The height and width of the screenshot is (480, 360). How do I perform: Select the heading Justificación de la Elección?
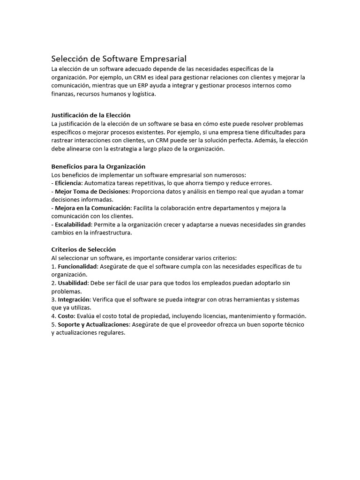coord(90,115)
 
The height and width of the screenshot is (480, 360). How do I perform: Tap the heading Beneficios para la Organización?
coord(98,166)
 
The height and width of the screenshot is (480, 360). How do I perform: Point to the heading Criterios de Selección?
coord(83,249)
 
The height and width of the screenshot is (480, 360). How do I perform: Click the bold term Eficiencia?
coord(68,183)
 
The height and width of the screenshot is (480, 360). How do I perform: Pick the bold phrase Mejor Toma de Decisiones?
coord(92,191)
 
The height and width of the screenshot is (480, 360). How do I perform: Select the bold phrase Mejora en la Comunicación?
coord(93,208)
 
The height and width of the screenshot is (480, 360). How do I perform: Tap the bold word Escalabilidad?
coord(73,225)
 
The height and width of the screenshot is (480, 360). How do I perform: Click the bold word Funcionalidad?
coord(78,266)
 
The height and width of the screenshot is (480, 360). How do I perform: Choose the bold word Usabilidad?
coord(73,283)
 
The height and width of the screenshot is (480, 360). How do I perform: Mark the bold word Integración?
coord(74,300)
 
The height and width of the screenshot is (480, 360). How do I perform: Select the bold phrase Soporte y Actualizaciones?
coord(93,324)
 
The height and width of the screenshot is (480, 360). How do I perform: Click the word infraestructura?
coord(109,233)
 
